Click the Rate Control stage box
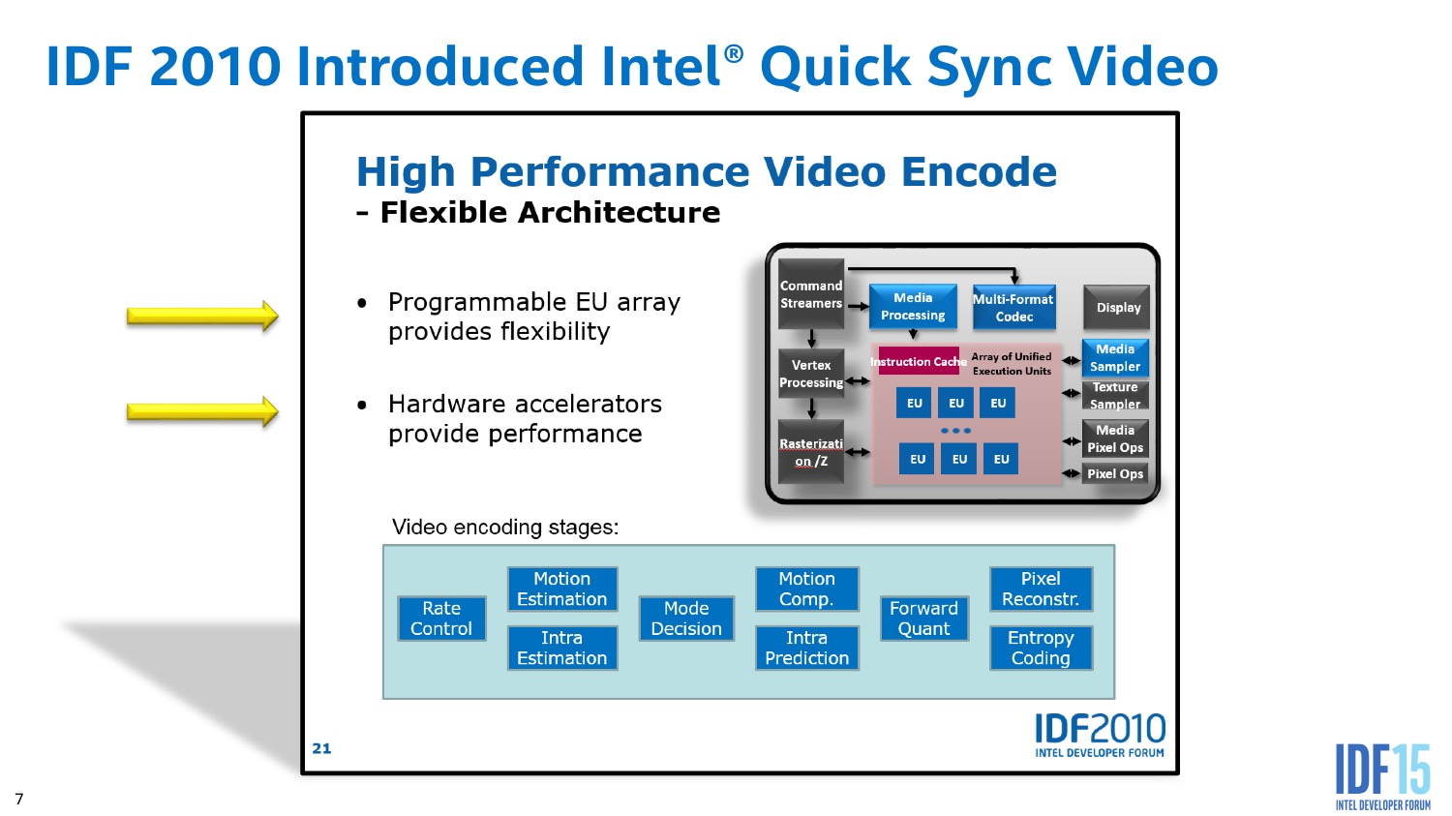click(441, 619)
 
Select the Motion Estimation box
click(562, 589)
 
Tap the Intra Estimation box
click(562, 648)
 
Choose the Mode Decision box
click(686, 619)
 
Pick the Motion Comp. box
click(807, 589)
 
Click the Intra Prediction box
click(807, 648)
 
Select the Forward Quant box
click(924, 619)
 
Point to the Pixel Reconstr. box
click(1041, 589)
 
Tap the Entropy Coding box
click(1041, 648)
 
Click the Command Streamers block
click(811, 294)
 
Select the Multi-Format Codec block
click(1014, 307)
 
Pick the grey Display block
click(1117, 307)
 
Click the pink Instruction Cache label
click(916, 361)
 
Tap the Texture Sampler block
click(1115, 395)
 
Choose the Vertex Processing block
click(811, 374)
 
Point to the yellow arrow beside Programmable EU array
click(203, 316)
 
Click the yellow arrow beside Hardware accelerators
click(203, 411)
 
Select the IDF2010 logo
click(1100, 735)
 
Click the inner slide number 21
click(321, 748)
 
